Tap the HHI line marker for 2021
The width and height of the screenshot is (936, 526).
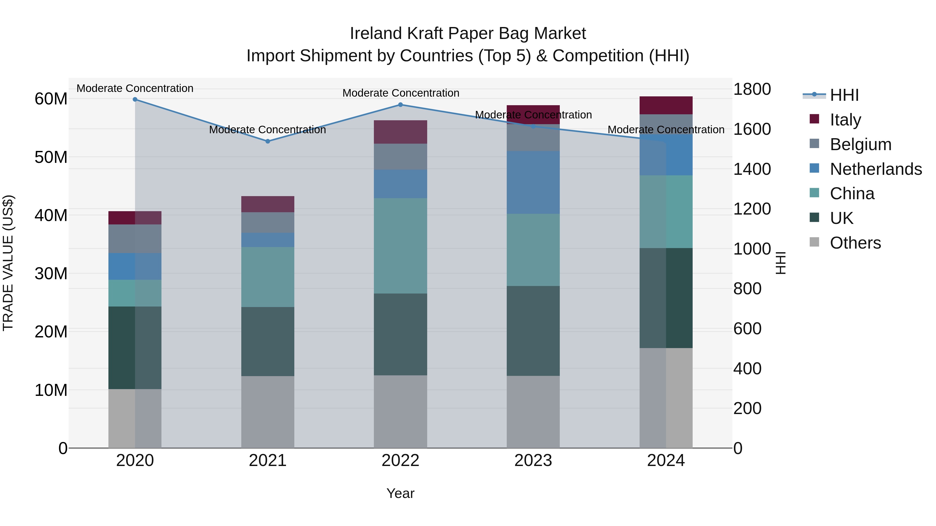268,141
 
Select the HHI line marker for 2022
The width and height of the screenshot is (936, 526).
400,104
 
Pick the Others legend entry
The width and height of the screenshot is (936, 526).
855,243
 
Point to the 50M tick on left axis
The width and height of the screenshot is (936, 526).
51,157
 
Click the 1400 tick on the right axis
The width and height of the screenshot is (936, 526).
752,169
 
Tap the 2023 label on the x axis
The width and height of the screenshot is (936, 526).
533,461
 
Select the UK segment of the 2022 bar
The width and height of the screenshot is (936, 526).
400,334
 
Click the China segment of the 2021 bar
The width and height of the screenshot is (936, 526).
268,277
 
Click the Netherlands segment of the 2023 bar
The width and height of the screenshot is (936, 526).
533,182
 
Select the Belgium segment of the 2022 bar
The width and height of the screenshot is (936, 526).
400,156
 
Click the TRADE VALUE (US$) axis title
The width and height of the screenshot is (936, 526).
8,263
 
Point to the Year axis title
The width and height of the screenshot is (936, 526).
400,493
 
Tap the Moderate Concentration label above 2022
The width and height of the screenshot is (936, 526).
401,93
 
